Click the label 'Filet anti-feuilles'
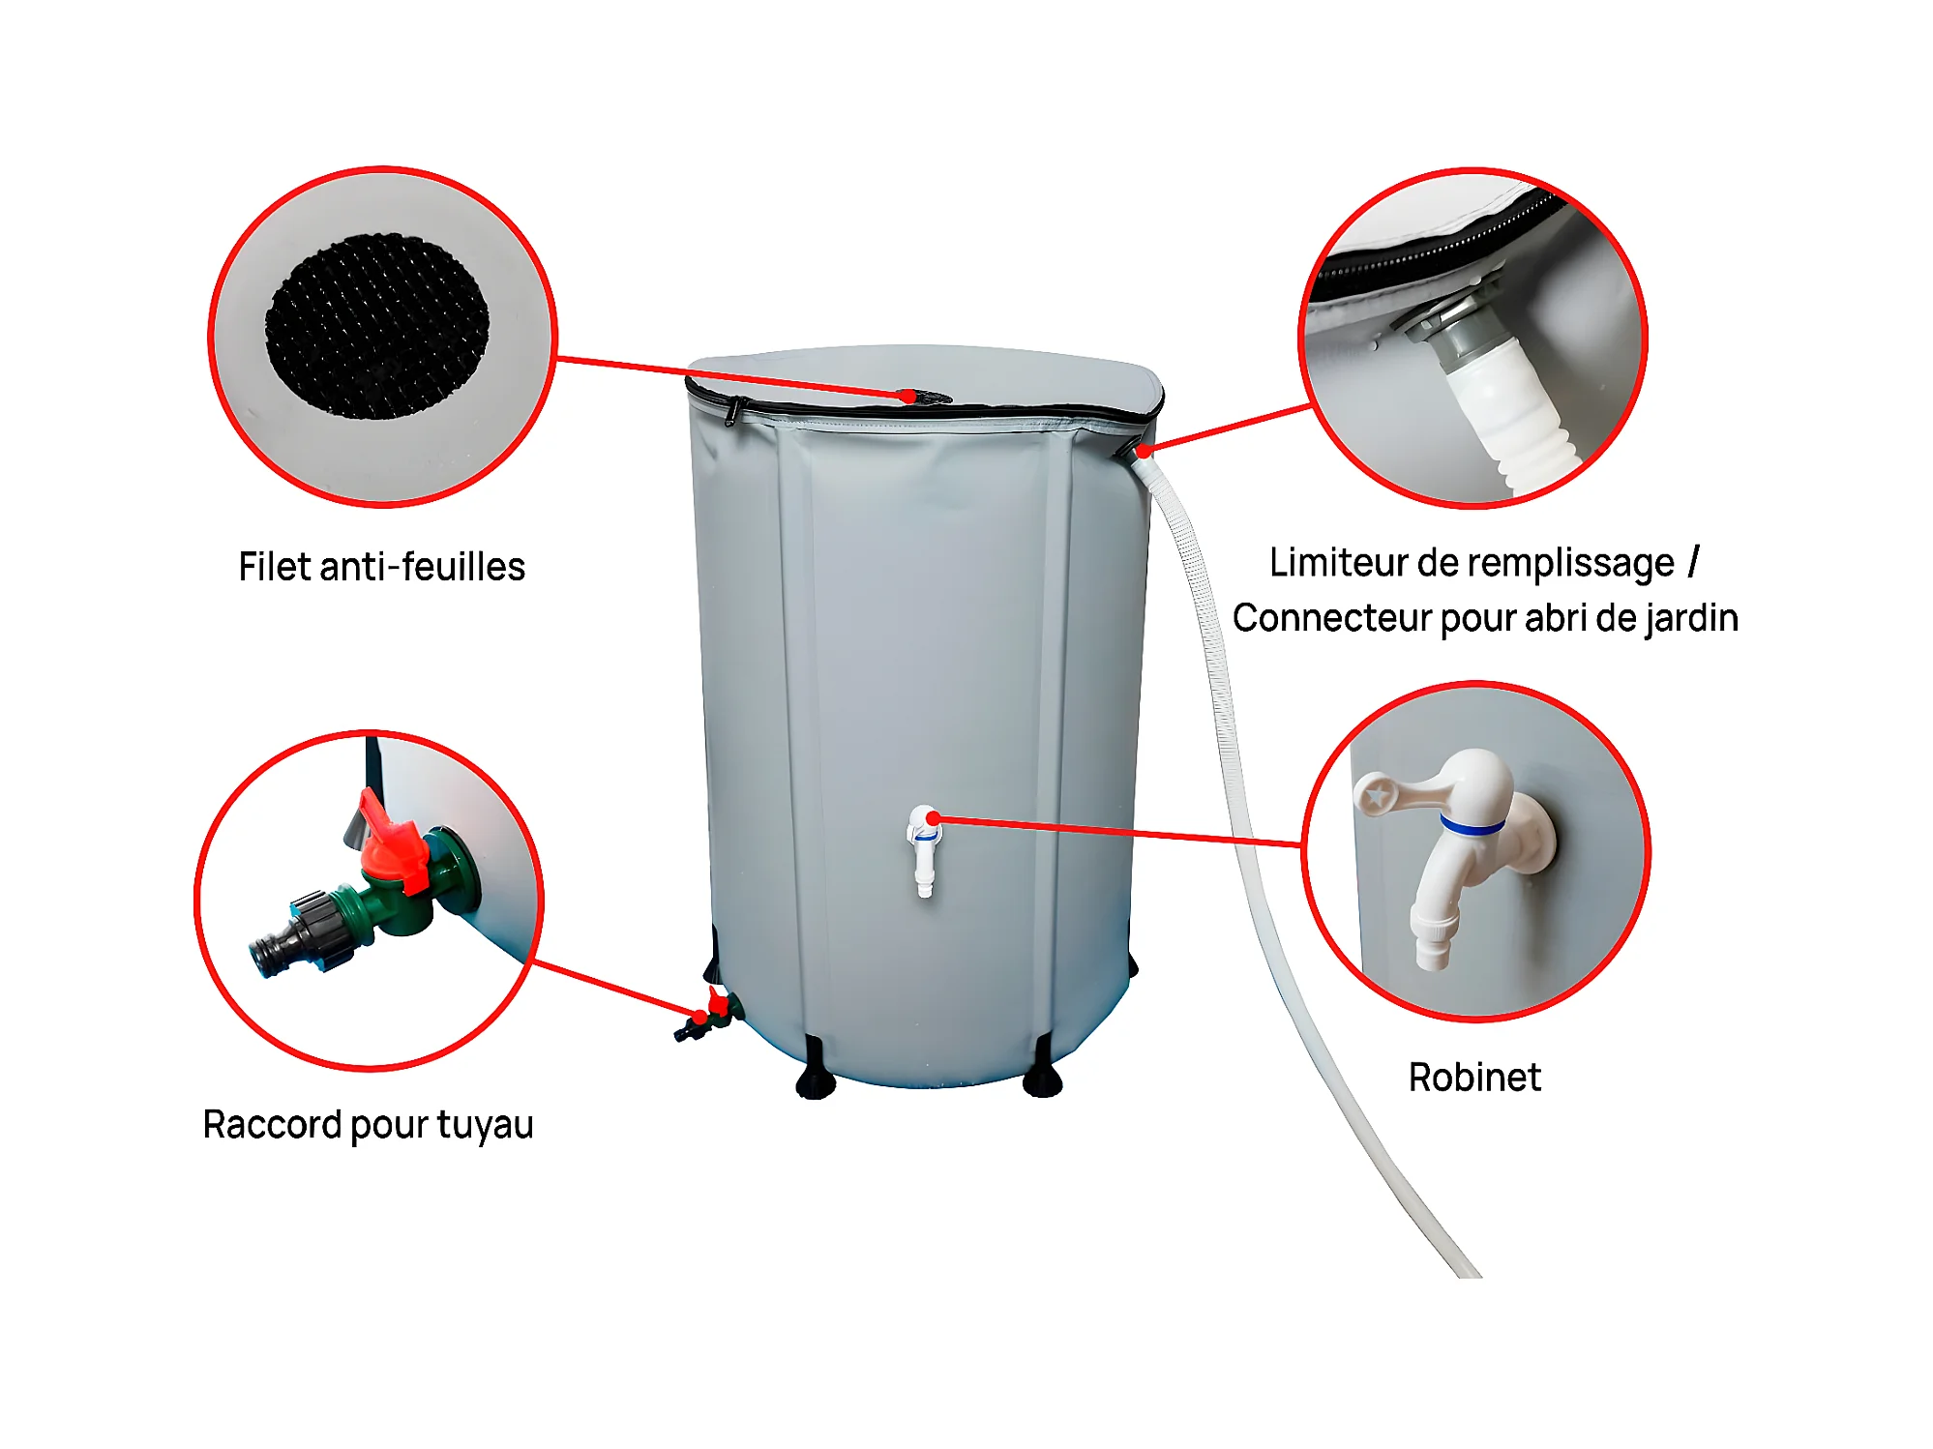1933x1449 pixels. (x=381, y=567)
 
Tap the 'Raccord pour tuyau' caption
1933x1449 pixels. (x=368, y=1125)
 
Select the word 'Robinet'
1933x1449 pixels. (x=1474, y=1077)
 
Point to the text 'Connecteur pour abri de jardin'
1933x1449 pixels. (x=1485, y=618)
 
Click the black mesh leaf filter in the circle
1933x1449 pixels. (x=377, y=326)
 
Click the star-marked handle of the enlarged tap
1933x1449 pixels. (x=1393, y=793)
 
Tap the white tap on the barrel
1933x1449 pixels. (x=924, y=850)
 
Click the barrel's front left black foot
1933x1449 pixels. (x=815, y=1071)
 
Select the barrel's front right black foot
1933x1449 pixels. (x=1043, y=1069)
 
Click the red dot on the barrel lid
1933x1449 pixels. (x=907, y=396)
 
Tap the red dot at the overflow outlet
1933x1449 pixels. (x=1144, y=451)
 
